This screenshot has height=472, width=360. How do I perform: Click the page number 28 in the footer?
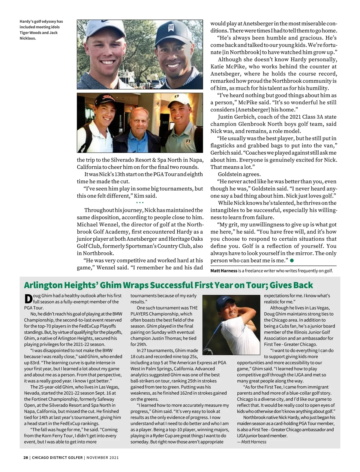pyautogui.click(x=26, y=458)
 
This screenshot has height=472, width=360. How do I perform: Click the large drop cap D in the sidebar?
pyautogui.click(x=28, y=299)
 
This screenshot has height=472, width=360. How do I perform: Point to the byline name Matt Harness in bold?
pyautogui.click(x=224, y=271)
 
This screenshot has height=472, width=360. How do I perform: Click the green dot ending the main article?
pyautogui.click(x=292, y=260)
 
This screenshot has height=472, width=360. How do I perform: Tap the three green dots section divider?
pyautogui.click(x=140, y=203)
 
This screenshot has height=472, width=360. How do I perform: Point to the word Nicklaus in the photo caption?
pyautogui.click(x=28, y=38)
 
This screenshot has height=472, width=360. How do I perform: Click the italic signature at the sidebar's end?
pyautogui.click(x=254, y=442)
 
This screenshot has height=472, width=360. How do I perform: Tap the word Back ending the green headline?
pyautogui.click(x=302, y=285)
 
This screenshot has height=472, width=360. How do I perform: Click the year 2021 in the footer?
pyautogui.click(x=114, y=458)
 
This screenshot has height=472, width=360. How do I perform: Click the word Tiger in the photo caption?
pyautogui.click(x=25, y=33)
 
